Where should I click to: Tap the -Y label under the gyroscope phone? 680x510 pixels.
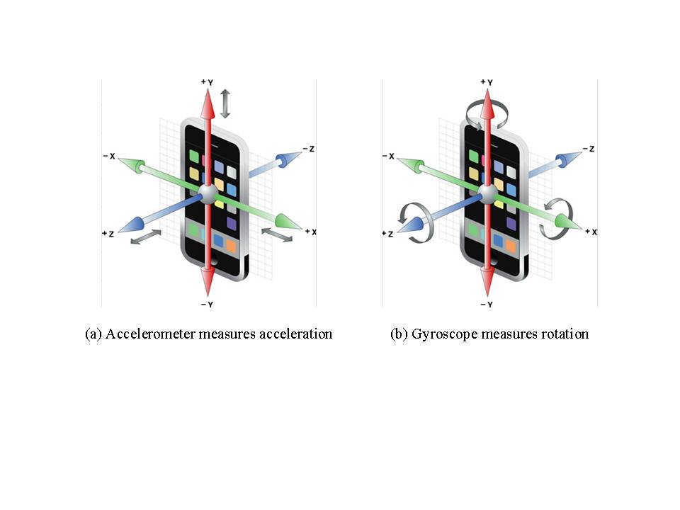click(x=487, y=304)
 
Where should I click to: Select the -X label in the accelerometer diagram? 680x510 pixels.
click(x=108, y=156)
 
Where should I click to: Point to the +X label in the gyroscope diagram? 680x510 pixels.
click(x=590, y=232)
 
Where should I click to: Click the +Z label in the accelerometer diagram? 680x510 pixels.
click(x=108, y=233)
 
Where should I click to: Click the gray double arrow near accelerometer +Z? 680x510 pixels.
click(x=145, y=238)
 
